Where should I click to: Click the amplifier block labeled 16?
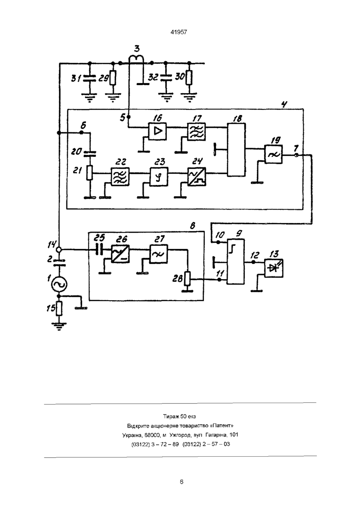(x=157, y=131)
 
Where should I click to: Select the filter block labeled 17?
(x=196, y=132)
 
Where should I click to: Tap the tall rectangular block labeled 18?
(x=236, y=150)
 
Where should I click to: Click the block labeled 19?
(x=274, y=154)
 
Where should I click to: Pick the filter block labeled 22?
(x=120, y=177)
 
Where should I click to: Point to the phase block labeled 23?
(x=159, y=177)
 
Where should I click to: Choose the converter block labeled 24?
(x=197, y=177)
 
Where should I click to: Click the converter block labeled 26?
(x=120, y=254)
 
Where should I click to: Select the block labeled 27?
(x=158, y=254)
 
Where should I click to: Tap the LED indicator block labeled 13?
(x=274, y=268)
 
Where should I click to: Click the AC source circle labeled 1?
(x=59, y=285)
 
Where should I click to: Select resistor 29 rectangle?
(x=113, y=78)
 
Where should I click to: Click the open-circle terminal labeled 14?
(x=59, y=250)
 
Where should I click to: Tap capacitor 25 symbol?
(x=99, y=250)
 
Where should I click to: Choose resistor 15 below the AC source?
(x=59, y=308)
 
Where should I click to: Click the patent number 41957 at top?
(x=179, y=32)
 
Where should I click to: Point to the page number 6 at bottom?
(x=182, y=482)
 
